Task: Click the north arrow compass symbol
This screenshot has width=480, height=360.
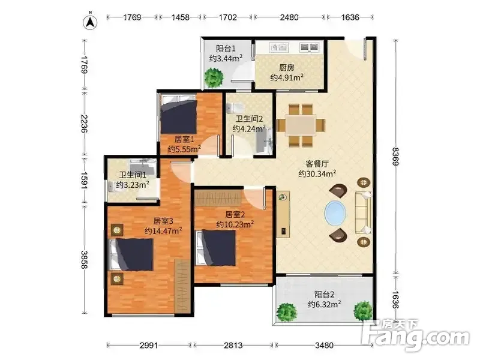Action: pos(91,22)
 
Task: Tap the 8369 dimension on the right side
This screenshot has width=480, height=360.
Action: pos(396,157)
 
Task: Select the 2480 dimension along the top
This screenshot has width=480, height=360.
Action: pos(289,17)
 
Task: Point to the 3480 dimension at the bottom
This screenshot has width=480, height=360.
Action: pos(324,346)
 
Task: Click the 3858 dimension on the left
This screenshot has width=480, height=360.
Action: pos(85,260)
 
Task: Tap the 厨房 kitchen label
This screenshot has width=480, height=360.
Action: pos(287,68)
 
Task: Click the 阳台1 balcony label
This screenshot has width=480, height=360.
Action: pos(226,49)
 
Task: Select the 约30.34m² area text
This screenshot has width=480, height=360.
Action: pos(317,174)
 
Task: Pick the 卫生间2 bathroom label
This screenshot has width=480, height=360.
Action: pos(249,119)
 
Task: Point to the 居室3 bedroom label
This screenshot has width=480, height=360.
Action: pos(163,221)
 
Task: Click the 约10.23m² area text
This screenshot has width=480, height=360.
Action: pos(235,224)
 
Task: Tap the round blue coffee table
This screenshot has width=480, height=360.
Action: pos(335,213)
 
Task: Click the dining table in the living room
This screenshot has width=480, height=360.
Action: pos(301,125)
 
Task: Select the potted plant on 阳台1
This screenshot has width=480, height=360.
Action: pos(214,78)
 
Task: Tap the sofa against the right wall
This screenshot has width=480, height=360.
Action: pos(364,212)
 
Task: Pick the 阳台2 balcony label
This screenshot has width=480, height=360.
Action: pos(324,295)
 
